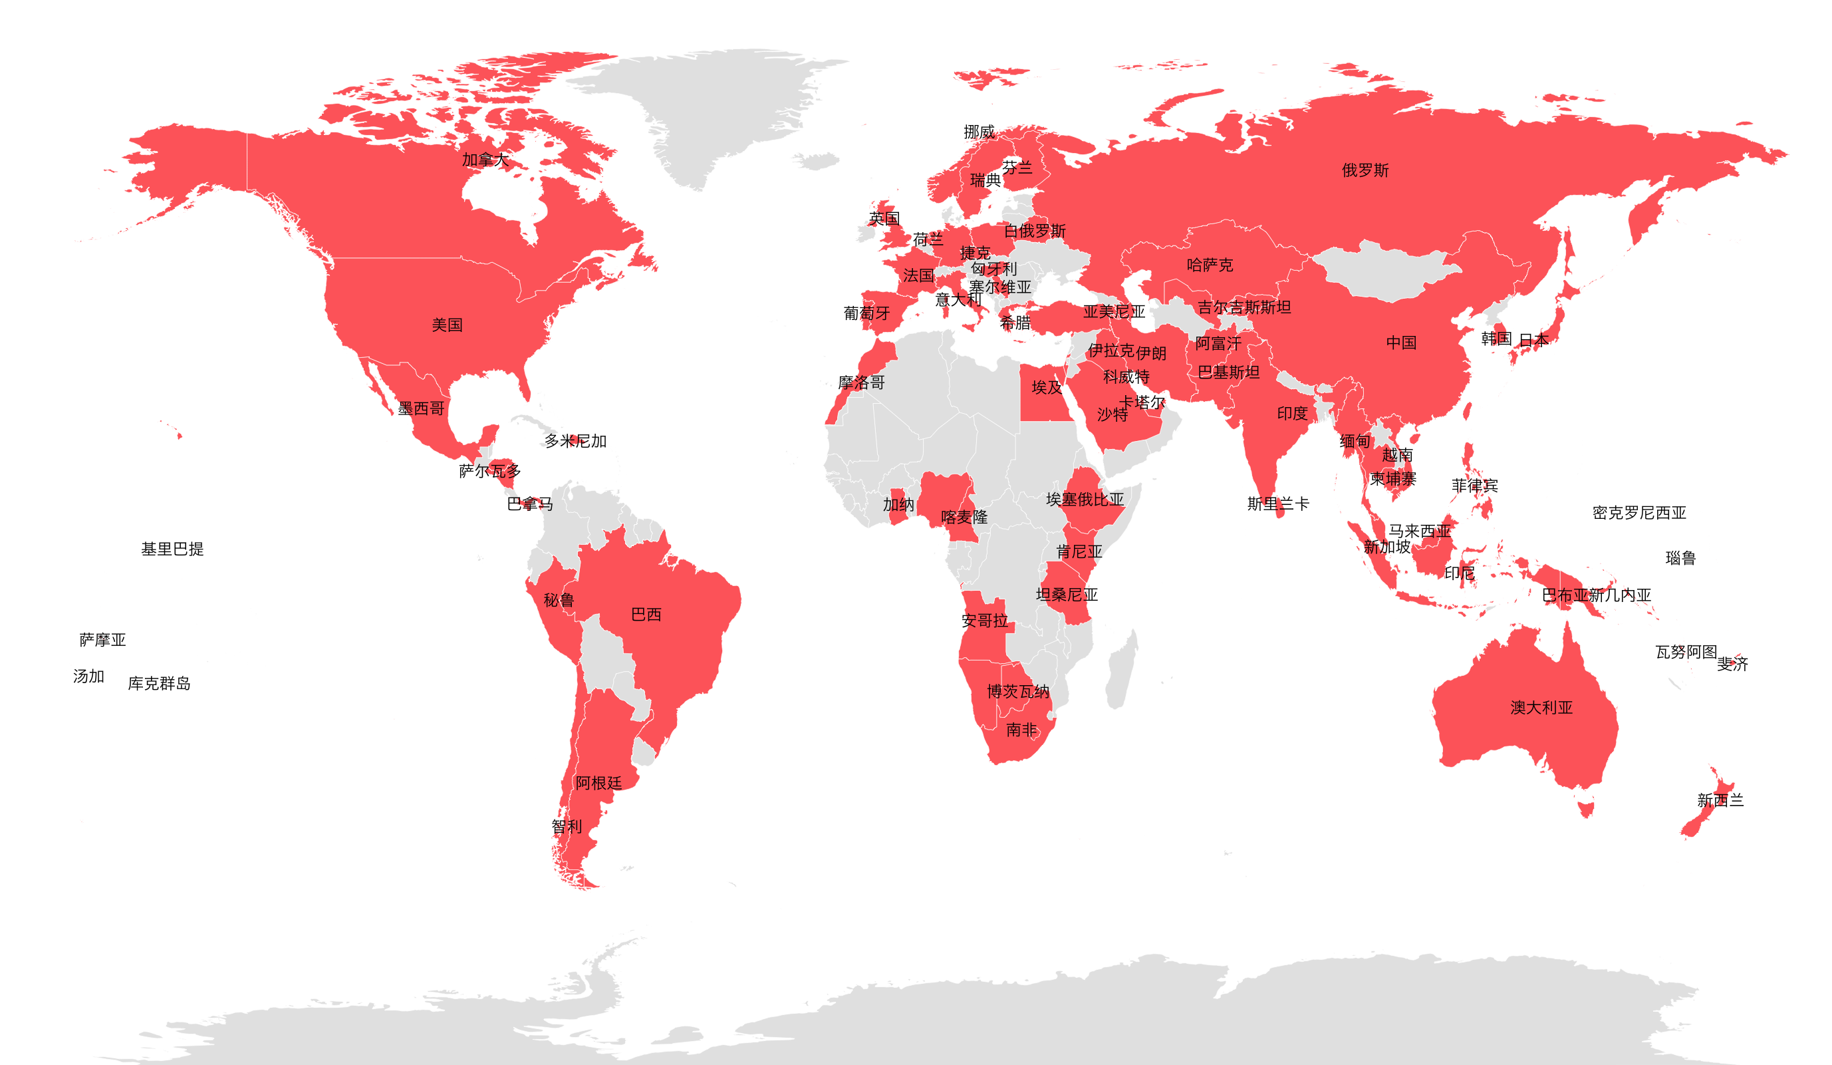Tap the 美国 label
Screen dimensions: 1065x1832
pos(447,325)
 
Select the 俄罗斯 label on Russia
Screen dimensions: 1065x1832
pos(1365,170)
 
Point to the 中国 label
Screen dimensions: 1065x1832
pos(1401,343)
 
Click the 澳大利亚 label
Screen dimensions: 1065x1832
pos(1541,708)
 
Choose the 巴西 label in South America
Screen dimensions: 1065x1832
pos(646,615)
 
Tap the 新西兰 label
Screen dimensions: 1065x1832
pos(1720,801)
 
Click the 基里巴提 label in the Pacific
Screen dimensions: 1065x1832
pos(172,549)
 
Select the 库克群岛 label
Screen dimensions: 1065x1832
pos(159,684)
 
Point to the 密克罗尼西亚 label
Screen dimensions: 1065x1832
pos(1638,513)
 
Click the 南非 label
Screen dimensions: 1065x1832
pos(1021,730)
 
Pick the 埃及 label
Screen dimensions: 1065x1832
pos(1047,388)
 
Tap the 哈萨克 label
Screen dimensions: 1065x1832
pos(1210,265)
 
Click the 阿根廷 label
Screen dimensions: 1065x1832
pos(598,784)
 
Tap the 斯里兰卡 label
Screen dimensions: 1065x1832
pos(1277,504)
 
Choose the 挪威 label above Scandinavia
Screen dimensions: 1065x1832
pos(979,132)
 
